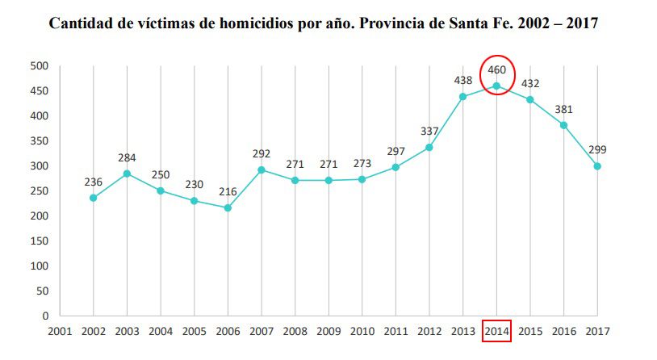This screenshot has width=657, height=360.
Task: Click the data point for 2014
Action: click(496, 86)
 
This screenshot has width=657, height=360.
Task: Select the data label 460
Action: click(496, 70)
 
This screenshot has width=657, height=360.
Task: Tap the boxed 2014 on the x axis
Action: click(496, 330)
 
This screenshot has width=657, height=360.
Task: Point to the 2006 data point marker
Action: click(228, 207)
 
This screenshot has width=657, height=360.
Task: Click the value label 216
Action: click(228, 192)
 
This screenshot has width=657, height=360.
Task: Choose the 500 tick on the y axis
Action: click(40, 65)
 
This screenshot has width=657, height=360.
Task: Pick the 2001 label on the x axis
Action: click(60, 330)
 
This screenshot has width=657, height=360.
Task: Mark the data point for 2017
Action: click(597, 166)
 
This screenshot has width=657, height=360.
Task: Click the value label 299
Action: click(597, 150)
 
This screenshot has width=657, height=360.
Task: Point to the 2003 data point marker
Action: click(127, 174)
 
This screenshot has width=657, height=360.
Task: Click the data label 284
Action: click(127, 157)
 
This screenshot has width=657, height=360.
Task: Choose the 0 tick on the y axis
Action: click(45, 316)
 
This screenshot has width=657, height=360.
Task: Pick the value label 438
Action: click(463, 81)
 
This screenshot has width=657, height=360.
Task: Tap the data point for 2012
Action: click(429, 147)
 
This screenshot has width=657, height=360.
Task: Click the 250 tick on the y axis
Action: click(40, 190)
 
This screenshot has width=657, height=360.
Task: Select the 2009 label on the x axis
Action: click(328, 330)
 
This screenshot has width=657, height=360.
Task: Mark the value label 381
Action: click(563, 110)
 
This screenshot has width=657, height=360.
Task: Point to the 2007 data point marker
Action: click(262, 170)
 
